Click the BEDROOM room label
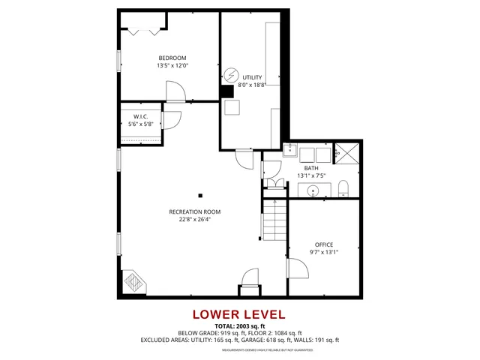(x=172, y=58)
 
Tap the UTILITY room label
(x=252, y=77)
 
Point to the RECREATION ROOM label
(x=194, y=211)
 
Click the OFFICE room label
(x=324, y=244)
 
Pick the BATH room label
(x=310, y=168)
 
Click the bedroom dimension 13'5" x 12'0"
(x=172, y=66)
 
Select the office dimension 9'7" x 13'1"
(x=324, y=253)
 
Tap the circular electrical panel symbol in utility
(x=231, y=75)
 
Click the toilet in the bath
(x=343, y=187)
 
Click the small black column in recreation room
(x=200, y=196)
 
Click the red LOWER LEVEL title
(x=239, y=314)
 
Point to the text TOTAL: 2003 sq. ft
(x=239, y=326)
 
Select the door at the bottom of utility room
(x=244, y=158)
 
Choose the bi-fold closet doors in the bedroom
(x=143, y=31)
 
